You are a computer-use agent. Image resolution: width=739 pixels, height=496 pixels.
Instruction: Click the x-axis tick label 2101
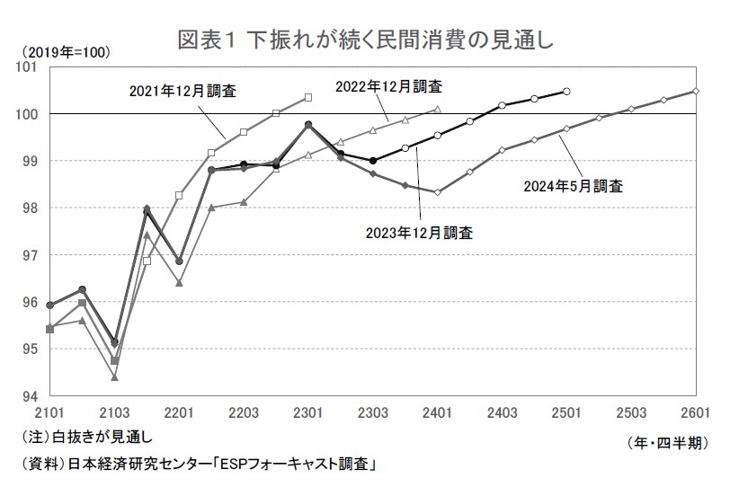click(x=49, y=412)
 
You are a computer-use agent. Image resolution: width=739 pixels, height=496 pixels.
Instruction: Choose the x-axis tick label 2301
click(x=308, y=412)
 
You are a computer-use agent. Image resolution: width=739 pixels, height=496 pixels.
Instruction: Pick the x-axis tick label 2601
click(x=696, y=412)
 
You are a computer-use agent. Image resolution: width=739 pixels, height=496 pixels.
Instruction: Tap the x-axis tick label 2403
click(x=503, y=412)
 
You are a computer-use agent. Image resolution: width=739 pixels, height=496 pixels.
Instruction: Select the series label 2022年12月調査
click(x=388, y=86)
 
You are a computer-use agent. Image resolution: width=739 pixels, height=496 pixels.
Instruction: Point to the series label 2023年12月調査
click(x=420, y=233)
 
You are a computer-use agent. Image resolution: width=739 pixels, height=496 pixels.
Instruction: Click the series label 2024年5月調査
click(x=574, y=187)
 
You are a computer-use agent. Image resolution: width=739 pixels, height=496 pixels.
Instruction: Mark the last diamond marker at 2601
click(x=696, y=91)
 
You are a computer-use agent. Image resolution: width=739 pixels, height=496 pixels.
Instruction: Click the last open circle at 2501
click(x=566, y=91)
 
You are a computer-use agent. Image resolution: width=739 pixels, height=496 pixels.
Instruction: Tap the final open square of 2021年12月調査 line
click(x=308, y=97)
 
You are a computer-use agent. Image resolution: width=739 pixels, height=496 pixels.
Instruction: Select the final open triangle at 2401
click(x=437, y=109)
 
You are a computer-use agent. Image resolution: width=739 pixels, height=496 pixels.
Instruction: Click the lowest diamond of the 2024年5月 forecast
click(x=437, y=192)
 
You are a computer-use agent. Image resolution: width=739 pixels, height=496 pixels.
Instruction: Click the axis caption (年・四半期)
click(x=663, y=443)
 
